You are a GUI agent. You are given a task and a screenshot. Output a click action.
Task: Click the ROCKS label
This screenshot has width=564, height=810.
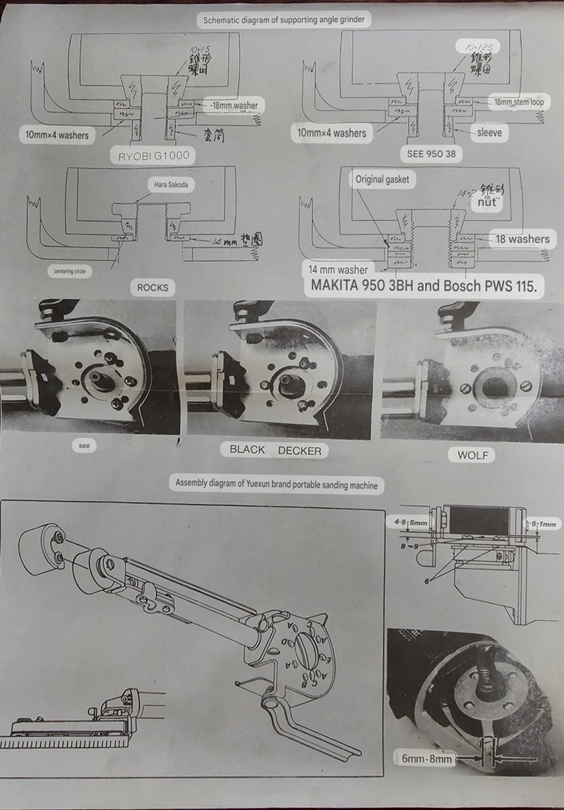coord(152,287)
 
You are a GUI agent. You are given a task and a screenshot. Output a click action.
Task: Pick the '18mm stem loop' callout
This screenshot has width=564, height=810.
coord(521,102)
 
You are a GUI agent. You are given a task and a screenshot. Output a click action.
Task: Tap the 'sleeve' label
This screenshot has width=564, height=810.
coord(489,132)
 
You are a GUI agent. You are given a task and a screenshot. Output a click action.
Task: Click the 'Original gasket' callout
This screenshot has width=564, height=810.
coord(382,180)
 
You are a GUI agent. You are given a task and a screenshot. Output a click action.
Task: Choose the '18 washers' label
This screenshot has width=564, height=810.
coord(522,239)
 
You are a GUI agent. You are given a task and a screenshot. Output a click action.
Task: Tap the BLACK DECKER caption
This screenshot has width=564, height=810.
coord(275,450)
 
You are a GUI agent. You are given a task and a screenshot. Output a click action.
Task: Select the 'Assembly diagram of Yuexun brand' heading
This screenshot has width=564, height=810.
coord(277,482)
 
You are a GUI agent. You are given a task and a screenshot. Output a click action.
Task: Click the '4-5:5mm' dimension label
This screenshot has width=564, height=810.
coord(410,522)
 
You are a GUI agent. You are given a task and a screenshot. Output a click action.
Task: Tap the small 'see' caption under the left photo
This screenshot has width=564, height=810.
coord(84,445)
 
